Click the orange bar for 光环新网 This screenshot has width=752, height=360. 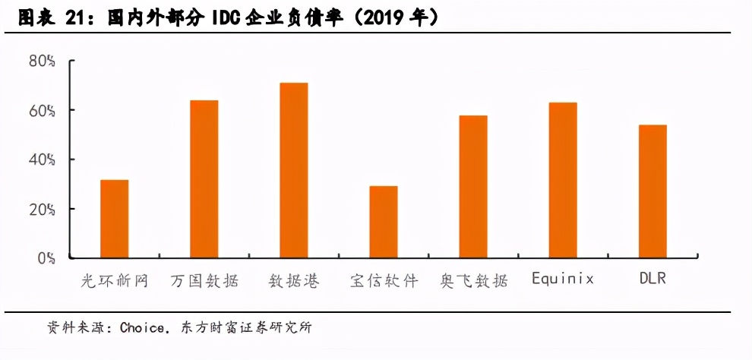[x=114, y=219]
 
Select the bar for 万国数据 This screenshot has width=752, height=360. [x=204, y=179]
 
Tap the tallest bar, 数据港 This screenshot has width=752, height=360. [x=294, y=170]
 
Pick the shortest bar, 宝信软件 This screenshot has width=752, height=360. [x=384, y=222]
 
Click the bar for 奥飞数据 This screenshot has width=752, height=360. [x=473, y=187]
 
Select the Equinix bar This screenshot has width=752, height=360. [x=563, y=180]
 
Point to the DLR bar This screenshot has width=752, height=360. [x=652, y=191]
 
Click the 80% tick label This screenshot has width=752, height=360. [x=42, y=61]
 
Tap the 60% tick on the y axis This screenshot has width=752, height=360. [x=42, y=110]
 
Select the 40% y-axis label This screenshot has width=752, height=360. [x=42, y=159]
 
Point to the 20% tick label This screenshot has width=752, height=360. [x=42, y=209]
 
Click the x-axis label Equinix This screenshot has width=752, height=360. [x=562, y=279]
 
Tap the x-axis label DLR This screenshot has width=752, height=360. [x=652, y=279]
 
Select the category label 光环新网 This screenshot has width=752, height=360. [x=114, y=280]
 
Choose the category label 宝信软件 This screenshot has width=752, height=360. [x=384, y=280]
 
